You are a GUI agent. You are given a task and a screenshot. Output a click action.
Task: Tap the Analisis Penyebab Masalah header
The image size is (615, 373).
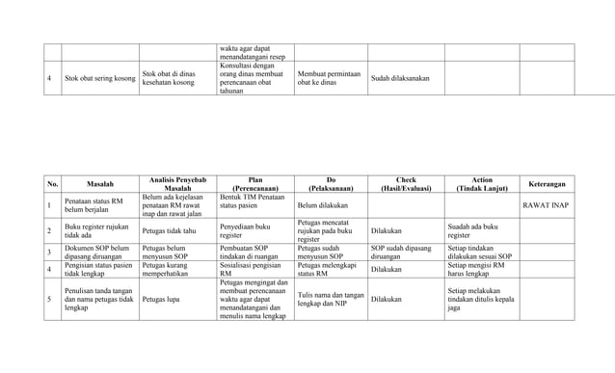pyautogui.click(x=177, y=183)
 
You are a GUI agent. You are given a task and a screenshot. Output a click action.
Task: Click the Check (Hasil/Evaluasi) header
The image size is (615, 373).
pyautogui.click(x=406, y=183)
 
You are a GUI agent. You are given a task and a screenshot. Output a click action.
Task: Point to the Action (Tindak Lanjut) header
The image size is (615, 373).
pyautogui.click(x=482, y=183)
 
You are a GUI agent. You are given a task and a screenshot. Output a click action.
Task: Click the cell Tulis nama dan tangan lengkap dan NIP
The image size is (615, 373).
pyautogui.click(x=331, y=300)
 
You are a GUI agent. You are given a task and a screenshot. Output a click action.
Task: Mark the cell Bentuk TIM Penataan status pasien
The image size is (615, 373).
pyautogui.click(x=253, y=200)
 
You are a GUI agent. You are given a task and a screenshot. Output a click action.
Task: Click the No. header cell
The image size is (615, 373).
pyautogui.click(x=53, y=183)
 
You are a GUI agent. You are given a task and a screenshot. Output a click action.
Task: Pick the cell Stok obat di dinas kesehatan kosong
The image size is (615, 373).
pyautogui.click(x=175, y=78)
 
